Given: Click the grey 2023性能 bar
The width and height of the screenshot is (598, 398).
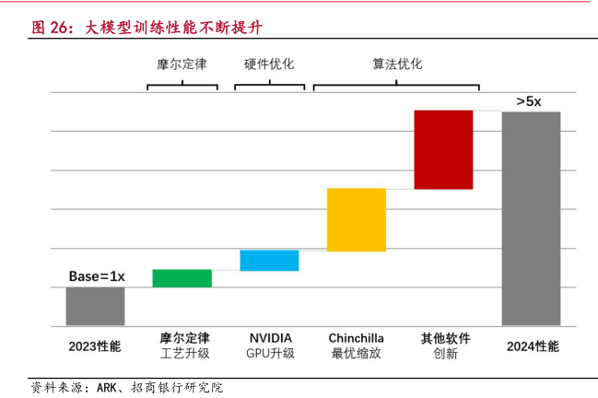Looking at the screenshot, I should point(95,306).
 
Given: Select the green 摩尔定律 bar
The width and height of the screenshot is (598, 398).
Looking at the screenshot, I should point(182,278).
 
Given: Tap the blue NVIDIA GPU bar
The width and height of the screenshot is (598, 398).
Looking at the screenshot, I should point(269,261).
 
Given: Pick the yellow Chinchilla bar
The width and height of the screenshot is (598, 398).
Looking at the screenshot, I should point(356,219).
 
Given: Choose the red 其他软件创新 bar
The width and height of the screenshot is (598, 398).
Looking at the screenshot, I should point(443,149).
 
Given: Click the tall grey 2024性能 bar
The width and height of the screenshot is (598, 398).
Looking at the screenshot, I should point(531,217).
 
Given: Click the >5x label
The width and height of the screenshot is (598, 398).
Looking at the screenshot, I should point(529,100).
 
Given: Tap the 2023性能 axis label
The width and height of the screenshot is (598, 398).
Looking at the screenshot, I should point(95,346).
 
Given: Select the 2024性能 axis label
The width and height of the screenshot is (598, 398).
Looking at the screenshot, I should point(533,346).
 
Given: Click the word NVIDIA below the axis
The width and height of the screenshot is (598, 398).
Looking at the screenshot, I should point(270,338).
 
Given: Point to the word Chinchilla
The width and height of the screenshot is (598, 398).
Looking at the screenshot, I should point(356,338).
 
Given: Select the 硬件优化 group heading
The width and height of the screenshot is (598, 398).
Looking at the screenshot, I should point(269,64).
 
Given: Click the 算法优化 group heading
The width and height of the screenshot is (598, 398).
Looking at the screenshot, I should point(397,64).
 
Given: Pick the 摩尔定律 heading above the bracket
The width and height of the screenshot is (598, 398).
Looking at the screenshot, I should point(182,64).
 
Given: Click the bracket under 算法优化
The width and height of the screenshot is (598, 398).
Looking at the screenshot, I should point(397,86).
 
